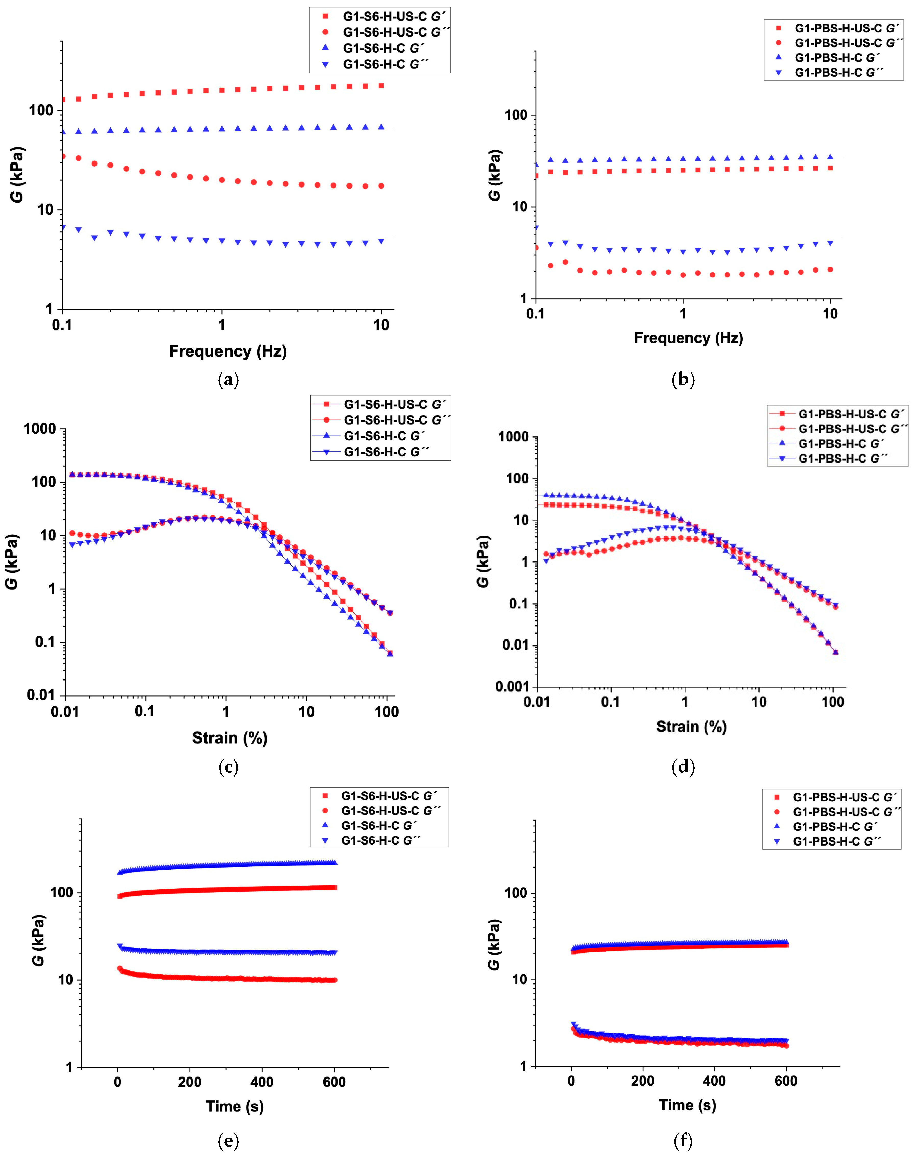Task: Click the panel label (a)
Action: (x=228, y=380)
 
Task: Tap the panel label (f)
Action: (x=683, y=1141)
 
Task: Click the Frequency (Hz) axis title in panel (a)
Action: (x=228, y=351)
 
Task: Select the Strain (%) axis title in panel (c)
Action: (x=230, y=738)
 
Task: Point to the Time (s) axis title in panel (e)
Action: (x=235, y=1106)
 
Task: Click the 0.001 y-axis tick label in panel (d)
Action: (x=512, y=687)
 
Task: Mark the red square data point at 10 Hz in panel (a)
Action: (x=381, y=86)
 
